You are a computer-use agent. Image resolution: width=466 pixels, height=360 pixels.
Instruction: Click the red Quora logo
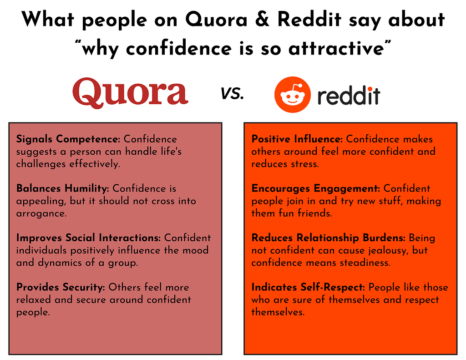130,93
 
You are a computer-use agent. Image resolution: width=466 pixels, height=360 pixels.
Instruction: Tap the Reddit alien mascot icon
293,95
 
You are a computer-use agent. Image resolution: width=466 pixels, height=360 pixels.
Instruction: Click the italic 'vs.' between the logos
232,93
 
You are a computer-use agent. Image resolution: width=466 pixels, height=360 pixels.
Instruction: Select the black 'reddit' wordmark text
349,96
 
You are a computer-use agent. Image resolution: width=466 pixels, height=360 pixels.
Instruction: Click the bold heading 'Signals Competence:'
68,139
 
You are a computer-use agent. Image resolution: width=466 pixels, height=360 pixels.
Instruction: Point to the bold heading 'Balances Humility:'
63,188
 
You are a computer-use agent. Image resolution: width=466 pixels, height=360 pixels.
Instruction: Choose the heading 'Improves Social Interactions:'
88,238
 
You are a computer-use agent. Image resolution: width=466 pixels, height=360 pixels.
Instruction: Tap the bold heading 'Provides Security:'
61,287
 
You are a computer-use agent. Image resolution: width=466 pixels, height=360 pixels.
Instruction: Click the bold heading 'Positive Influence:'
297,139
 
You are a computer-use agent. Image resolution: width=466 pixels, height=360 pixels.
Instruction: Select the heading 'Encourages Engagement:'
316,188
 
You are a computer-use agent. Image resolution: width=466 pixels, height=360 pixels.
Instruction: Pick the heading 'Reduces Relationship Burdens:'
329,238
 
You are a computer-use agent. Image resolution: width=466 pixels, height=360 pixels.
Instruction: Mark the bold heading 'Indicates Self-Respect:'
308,287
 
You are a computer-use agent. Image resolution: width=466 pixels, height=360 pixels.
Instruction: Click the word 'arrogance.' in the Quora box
41,213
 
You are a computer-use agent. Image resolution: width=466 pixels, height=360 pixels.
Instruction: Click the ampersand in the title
262,19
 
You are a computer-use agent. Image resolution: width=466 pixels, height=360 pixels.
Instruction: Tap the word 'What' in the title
47,19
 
